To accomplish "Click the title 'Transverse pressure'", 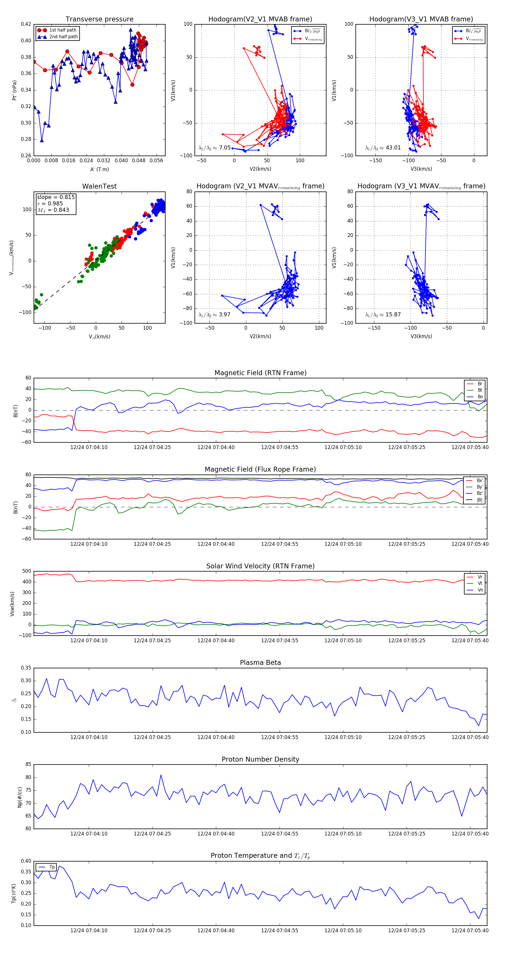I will click(x=99, y=19).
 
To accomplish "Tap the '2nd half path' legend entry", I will click(x=63, y=37).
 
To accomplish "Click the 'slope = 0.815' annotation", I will click(x=56, y=197).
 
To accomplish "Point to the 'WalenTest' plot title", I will click(x=99, y=186).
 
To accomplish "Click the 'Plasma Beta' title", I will click(x=260, y=663).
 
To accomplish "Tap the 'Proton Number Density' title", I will click(x=260, y=759).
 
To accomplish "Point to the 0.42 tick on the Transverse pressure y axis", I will click(x=26, y=24).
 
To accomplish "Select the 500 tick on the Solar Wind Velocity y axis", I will click(x=27, y=571).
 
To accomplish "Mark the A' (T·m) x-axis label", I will click(x=99, y=169).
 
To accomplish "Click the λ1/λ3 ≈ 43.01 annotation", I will click(x=383, y=148).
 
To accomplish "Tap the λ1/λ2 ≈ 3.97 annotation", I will click(x=214, y=315).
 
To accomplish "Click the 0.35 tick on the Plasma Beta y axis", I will click(x=26, y=668).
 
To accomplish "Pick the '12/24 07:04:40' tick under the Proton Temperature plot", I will click(x=216, y=931).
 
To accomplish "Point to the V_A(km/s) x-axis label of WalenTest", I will click(x=99, y=337).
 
